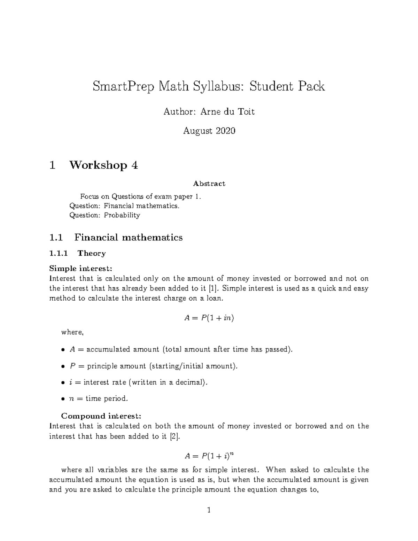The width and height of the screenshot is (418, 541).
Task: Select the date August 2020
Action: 209,131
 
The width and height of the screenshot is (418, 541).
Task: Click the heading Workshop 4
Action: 103,165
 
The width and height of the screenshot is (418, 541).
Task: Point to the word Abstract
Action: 209,184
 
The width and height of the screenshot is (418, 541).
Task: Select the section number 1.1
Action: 56,238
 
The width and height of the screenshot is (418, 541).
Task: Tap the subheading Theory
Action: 92,253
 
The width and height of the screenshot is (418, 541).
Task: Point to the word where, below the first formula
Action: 72,332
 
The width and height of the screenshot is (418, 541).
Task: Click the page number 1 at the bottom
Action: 209,511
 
